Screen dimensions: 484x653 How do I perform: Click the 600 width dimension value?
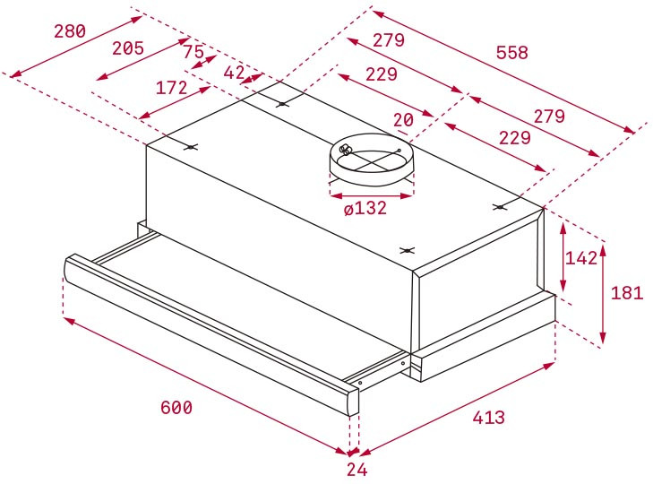pyautogui.click(x=176, y=408)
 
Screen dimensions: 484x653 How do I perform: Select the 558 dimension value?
pyautogui.click(x=511, y=53)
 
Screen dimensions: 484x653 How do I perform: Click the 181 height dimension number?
pyautogui.click(x=626, y=292)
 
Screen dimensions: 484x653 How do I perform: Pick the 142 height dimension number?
pyautogui.click(x=581, y=258)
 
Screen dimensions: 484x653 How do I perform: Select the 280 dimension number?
pyautogui.click(x=69, y=31)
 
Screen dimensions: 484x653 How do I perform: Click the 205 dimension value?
pyautogui.click(x=127, y=49)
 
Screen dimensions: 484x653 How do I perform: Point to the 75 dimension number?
pyautogui.click(x=193, y=53)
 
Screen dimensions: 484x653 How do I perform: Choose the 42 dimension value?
pyautogui.click(x=235, y=73)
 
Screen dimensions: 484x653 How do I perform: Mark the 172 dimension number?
pyautogui.click(x=170, y=88)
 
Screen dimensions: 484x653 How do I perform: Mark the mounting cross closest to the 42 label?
pyautogui.click(x=283, y=104)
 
